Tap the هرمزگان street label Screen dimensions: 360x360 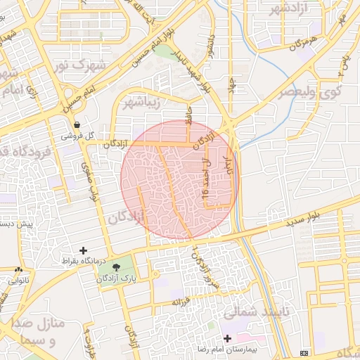click(x=297, y=44)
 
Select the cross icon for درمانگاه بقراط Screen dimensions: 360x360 click(x=84, y=250)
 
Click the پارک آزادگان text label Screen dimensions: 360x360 click(x=116, y=279)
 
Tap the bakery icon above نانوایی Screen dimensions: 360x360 click(x=18, y=270)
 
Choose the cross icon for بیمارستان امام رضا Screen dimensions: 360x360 click(x=226, y=338)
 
